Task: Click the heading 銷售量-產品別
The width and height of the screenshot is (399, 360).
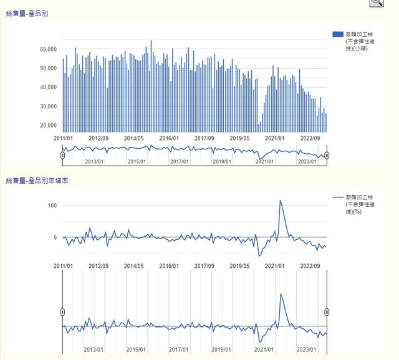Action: (x=27, y=13)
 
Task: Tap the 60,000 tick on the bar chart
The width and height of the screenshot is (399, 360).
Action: (x=48, y=49)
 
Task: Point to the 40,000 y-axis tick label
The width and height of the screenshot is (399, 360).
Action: (x=48, y=87)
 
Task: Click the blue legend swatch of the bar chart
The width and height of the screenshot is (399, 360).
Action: (x=338, y=34)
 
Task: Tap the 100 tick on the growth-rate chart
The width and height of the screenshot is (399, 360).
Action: (x=52, y=206)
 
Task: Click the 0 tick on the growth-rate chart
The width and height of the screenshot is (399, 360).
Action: (x=55, y=237)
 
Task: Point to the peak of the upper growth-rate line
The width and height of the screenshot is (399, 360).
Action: (x=281, y=201)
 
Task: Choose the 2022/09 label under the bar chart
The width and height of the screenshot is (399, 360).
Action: (x=310, y=138)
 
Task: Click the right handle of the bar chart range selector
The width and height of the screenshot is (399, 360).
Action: (x=327, y=155)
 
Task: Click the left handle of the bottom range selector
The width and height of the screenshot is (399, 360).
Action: (x=62, y=311)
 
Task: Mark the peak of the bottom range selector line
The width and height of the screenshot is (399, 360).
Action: (x=282, y=294)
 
